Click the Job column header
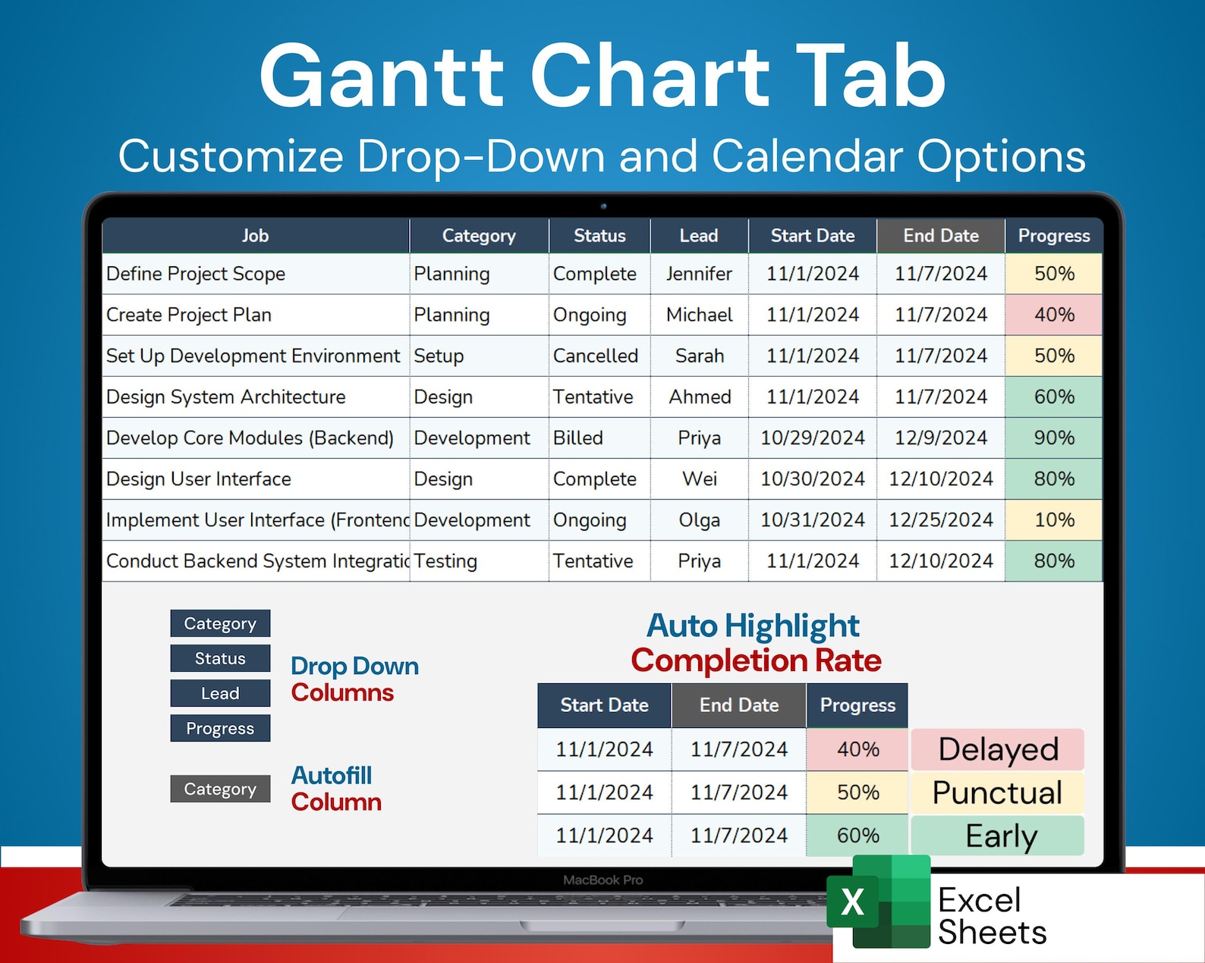256,236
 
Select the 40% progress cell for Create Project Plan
1053,315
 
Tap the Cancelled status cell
596,356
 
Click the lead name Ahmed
699,397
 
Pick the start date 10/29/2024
812,438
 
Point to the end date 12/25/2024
940,519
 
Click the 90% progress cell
1053,438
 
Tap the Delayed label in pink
997,749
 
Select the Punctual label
997,792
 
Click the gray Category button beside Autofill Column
220,789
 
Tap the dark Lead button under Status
220,693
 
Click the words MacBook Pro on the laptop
602,880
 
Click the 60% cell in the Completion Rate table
857,836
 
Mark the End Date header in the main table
940,236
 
